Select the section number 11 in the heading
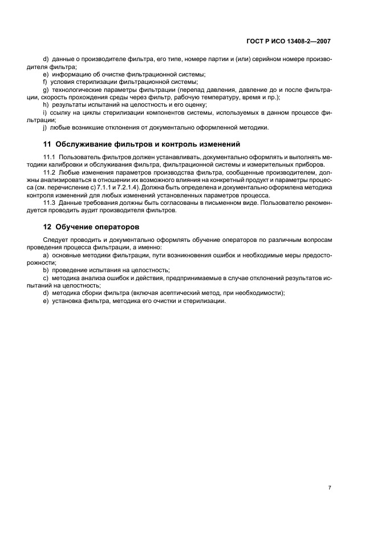[47, 143]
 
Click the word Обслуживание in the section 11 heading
[88, 143]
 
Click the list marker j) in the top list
[46, 127]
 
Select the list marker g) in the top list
[46, 90]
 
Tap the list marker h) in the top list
[46, 105]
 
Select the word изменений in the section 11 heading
[215, 143]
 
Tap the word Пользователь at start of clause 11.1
[79, 156]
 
